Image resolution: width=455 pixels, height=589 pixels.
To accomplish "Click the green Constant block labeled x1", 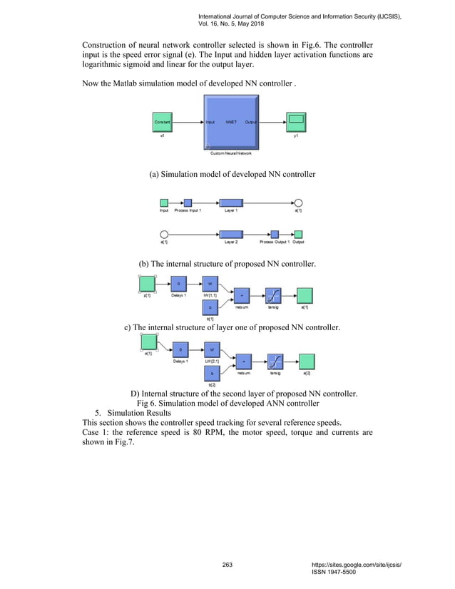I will [x=162, y=123].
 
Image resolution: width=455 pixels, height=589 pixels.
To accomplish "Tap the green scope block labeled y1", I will [x=295, y=122].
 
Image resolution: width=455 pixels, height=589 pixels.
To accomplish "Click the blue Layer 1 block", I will [x=231, y=203].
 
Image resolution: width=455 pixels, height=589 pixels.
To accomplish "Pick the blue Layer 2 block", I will [x=231, y=234].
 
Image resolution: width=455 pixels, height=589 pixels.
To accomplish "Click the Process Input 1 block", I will [x=188, y=203].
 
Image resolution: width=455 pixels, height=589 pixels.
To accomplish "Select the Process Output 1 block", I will [x=275, y=234].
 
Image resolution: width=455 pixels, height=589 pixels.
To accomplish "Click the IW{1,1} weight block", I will [x=210, y=284].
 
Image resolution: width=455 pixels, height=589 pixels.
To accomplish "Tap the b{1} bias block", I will [x=210, y=307].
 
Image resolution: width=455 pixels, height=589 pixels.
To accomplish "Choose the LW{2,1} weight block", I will [x=211, y=351].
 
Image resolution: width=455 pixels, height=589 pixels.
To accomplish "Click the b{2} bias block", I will [x=211, y=374].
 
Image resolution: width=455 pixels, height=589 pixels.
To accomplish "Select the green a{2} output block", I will [x=307, y=362].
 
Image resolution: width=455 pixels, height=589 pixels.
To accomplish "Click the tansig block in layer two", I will [x=275, y=362].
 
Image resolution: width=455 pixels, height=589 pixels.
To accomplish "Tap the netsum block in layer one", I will [x=242, y=294].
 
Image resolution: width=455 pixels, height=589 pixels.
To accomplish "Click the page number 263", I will [x=227, y=565].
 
